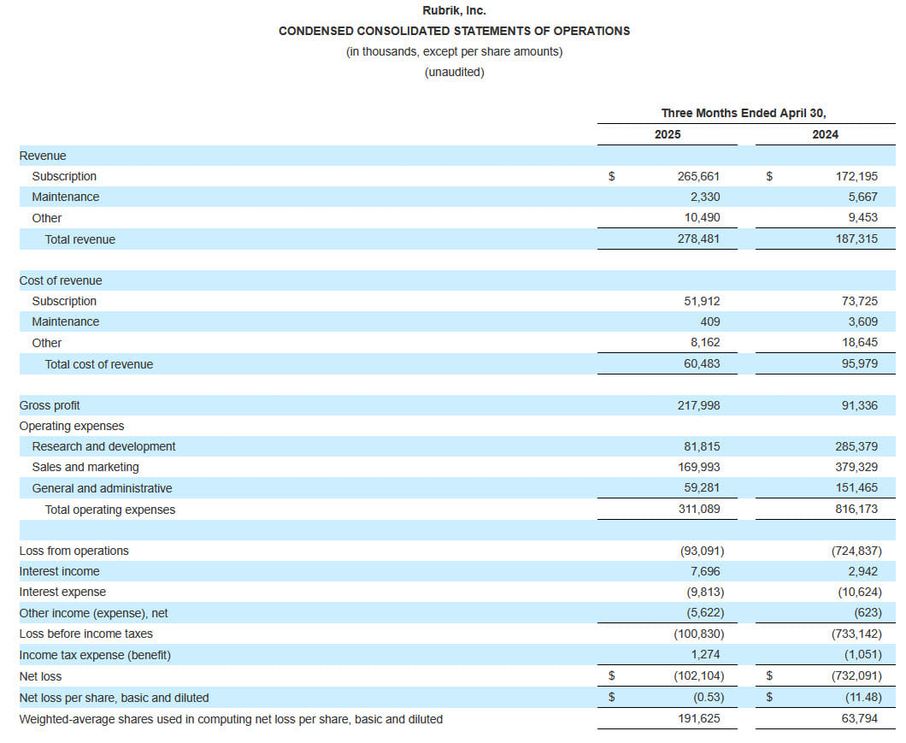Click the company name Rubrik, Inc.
(x=454, y=10)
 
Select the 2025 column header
(x=668, y=134)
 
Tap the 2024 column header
(x=825, y=134)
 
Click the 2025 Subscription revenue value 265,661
(x=698, y=176)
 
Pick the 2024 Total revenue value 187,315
(x=856, y=239)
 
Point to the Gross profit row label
(x=50, y=405)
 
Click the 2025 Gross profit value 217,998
(x=698, y=405)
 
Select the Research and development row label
(x=103, y=446)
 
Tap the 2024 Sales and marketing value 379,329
(x=856, y=467)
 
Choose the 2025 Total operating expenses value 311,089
(x=699, y=510)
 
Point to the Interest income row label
(x=60, y=571)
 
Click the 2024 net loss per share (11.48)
(x=863, y=698)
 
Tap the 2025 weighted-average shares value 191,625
(x=699, y=719)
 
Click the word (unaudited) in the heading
(x=454, y=73)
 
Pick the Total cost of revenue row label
(x=99, y=364)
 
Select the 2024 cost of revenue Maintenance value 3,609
(x=862, y=321)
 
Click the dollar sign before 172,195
(x=769, y=176)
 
